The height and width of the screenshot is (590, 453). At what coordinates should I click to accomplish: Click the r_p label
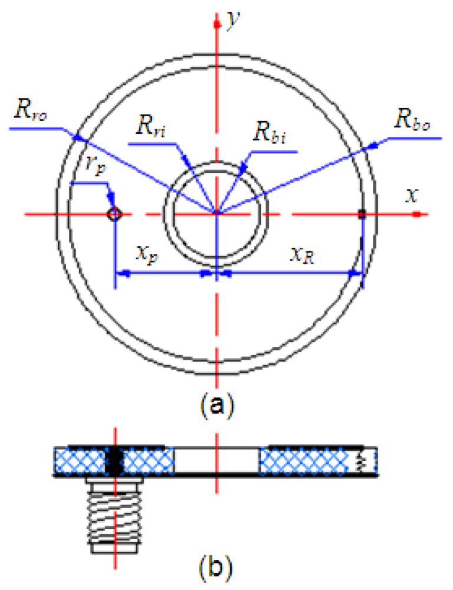pyautogui.click(x=90, y=172)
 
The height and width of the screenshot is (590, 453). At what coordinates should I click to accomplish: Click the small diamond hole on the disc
pyautogui.click(x=114, y=214)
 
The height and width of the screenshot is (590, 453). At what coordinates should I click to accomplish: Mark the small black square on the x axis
pyautogui.click(x=362, y=215)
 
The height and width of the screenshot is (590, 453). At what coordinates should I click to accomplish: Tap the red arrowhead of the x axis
pyautogui.click(x=416, y=215)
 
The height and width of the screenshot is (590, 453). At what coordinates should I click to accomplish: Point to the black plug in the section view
pyautogui.click(x=115, y=460)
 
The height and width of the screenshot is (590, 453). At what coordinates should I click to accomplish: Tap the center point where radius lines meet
pyautogui.click(x=218, y=213)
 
